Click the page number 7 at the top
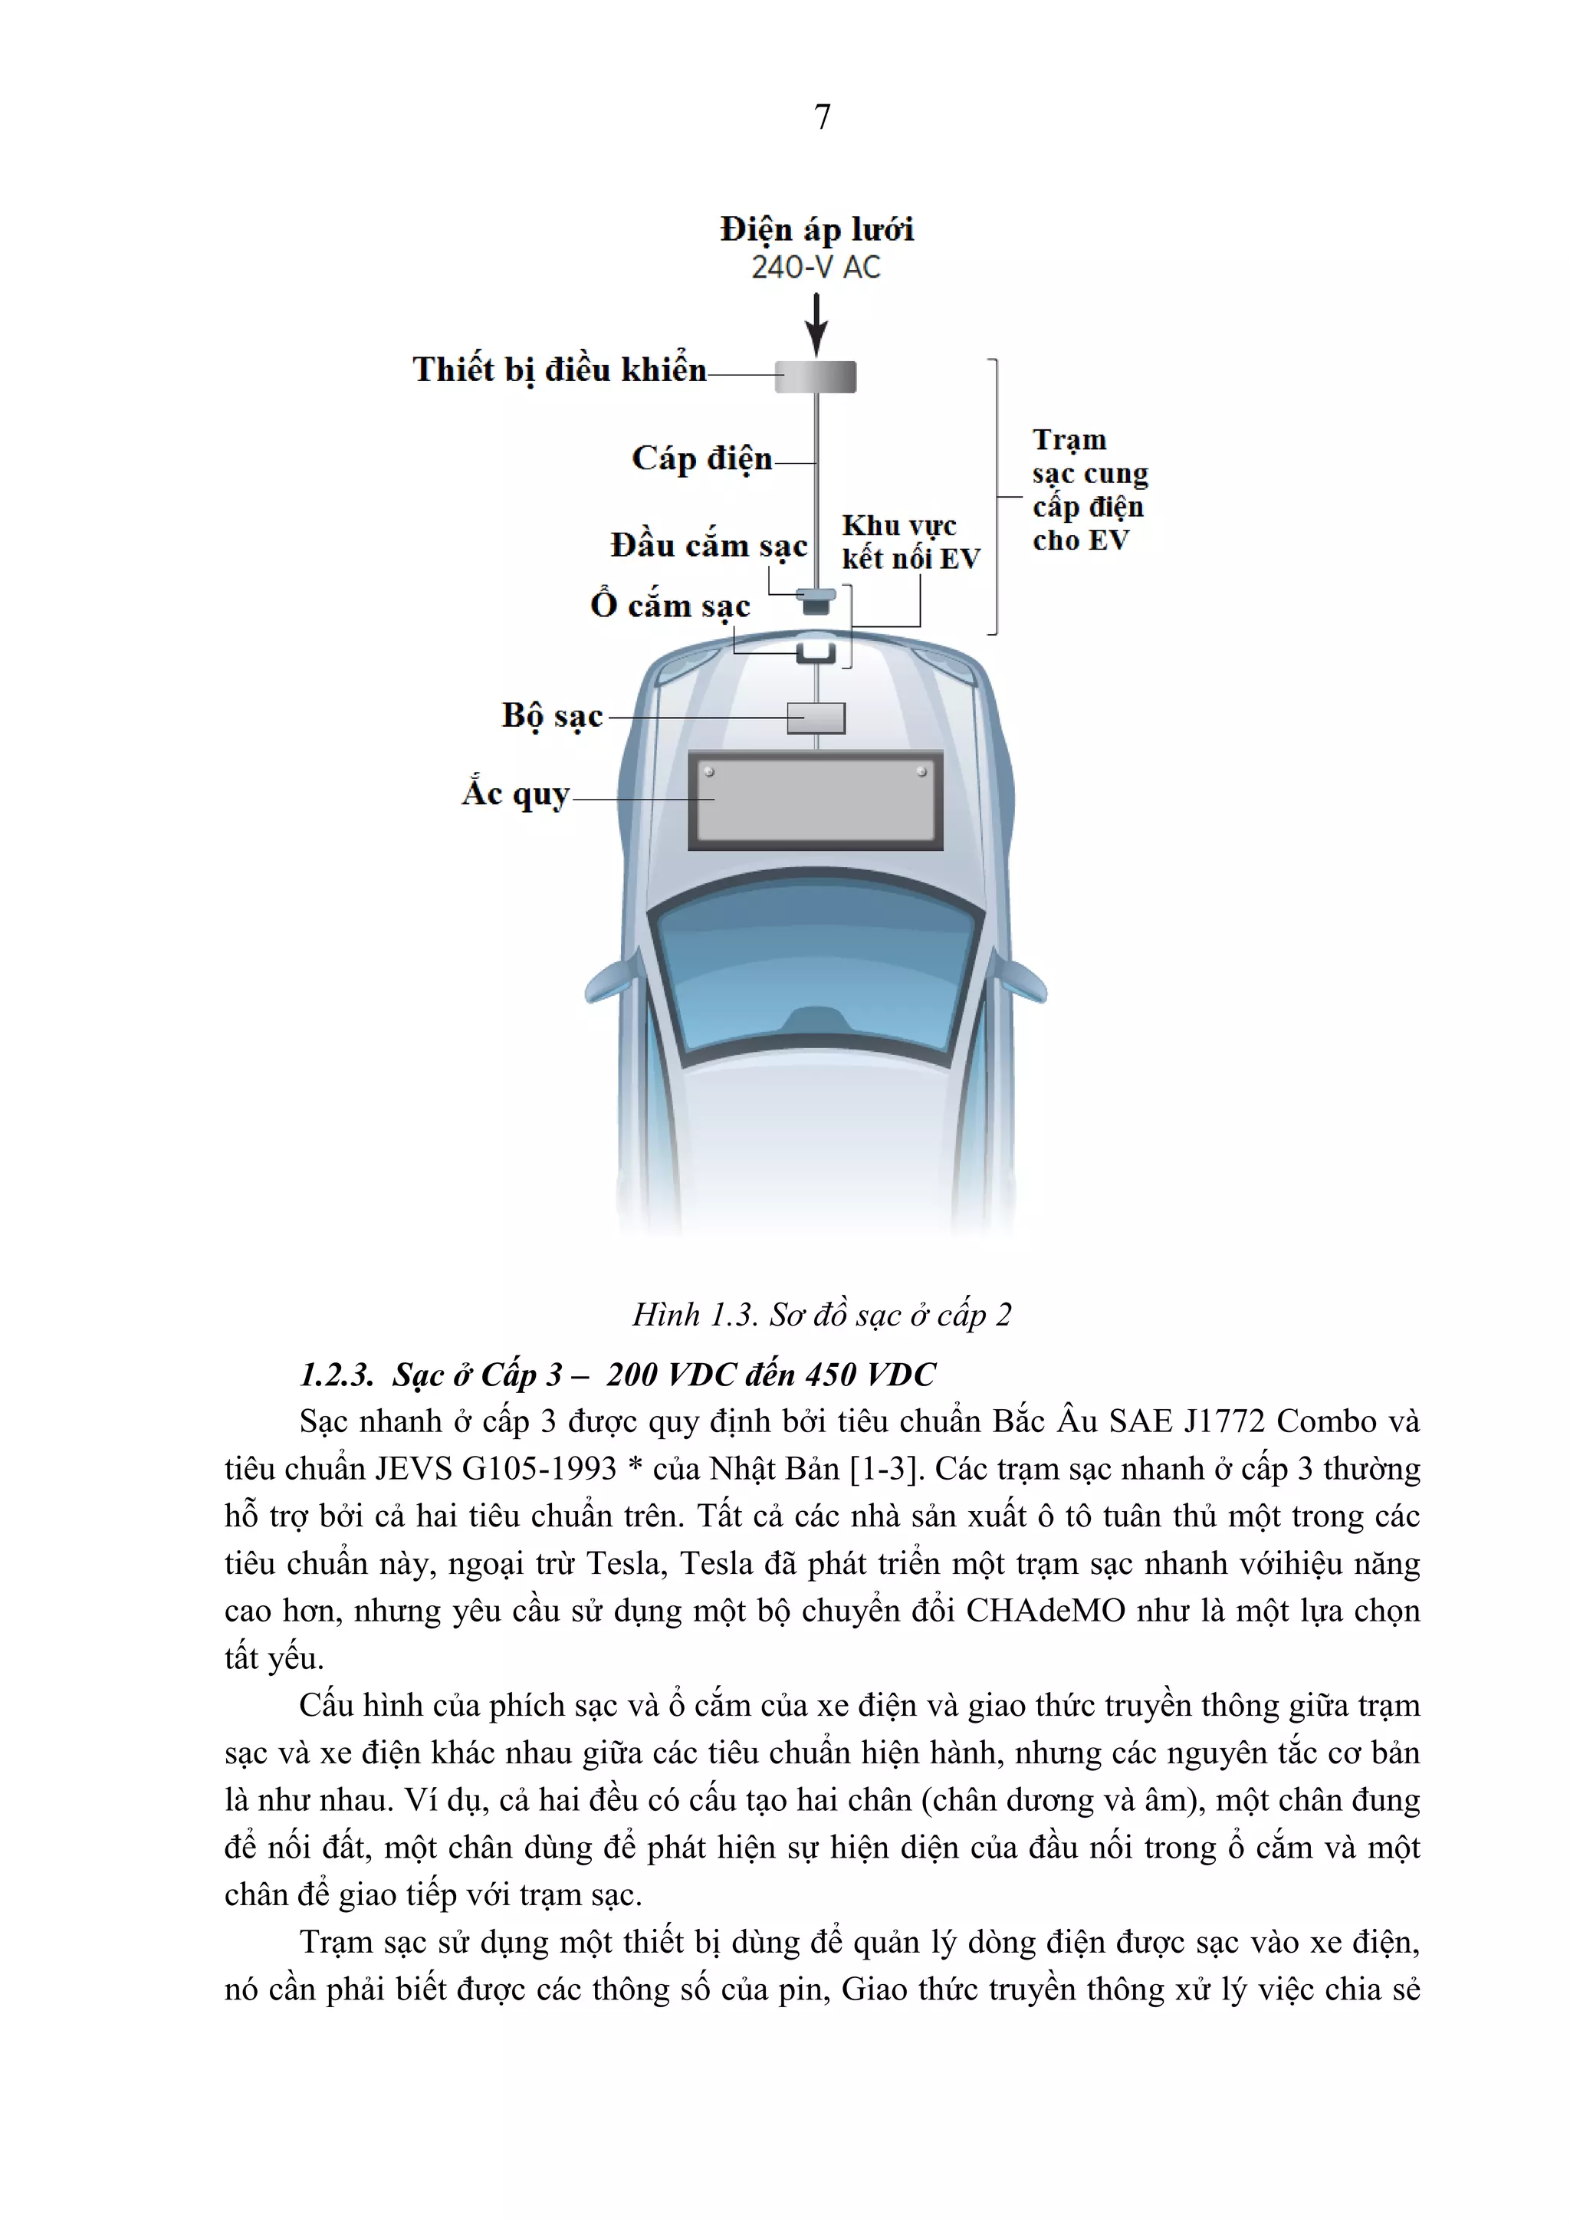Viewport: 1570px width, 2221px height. click(823, 117)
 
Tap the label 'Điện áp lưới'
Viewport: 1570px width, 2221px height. click(816, 229)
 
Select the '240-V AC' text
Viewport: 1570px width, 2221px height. click(816, 267)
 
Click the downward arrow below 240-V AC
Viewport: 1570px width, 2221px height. click(816, 325)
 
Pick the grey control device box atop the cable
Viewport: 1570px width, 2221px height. click(816, 376)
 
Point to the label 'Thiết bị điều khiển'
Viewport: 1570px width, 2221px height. click(559, 370)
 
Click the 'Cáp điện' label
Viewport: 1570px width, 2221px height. click(701, 458)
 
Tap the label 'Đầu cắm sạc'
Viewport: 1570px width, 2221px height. click(708, 547)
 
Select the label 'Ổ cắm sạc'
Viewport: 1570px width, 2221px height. click(669, 606)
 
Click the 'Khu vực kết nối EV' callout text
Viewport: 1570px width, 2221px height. click(909, 542)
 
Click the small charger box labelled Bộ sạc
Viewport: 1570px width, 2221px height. click(816, 718)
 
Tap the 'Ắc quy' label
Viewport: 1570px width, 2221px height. click(514, 794)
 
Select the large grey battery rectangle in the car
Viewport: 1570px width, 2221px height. click(816, 801)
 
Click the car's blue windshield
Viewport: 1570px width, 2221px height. click(816, 977)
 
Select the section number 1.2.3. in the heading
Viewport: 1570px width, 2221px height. click(337, 1375)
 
